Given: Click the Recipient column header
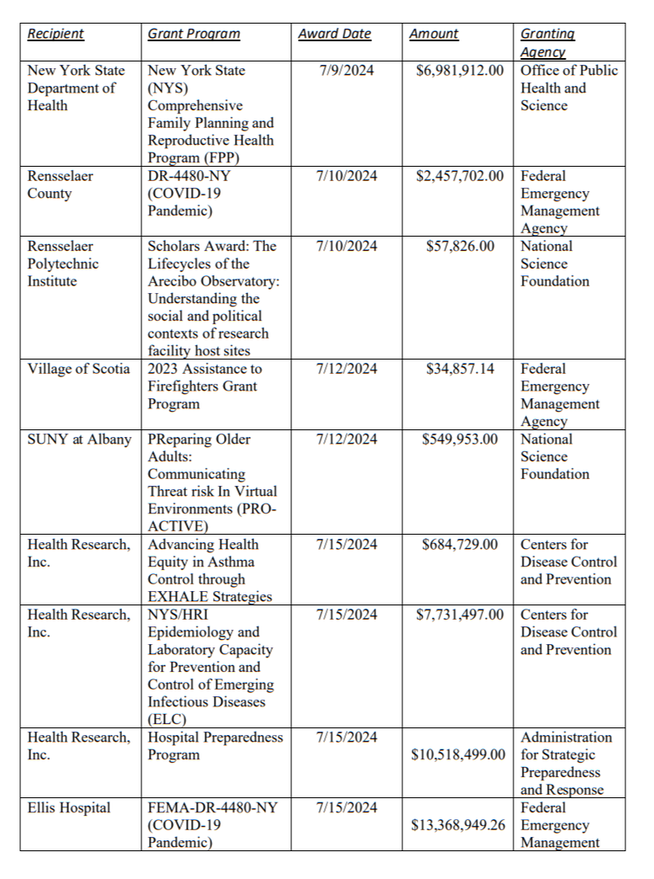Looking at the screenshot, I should (x=56, y=34).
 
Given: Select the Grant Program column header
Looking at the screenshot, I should (x=194, y=34).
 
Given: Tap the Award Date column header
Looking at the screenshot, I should (x=334, y=34).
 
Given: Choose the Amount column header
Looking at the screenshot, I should (x=433, y=34).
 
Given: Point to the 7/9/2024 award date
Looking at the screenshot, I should (x=347, y=71).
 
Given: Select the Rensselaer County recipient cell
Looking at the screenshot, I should (x=61, y=184).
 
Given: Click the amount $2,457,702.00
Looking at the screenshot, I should (x=460, y=176).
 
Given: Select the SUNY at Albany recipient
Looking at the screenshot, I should (x=79, y=439).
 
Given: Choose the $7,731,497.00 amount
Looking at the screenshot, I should (x=460, y=615).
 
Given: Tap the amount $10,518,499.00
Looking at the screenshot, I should (x=460, y=755).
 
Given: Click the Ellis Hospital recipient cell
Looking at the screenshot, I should (x=69, y=808).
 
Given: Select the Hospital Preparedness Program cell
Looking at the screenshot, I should (x=215, y=746).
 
